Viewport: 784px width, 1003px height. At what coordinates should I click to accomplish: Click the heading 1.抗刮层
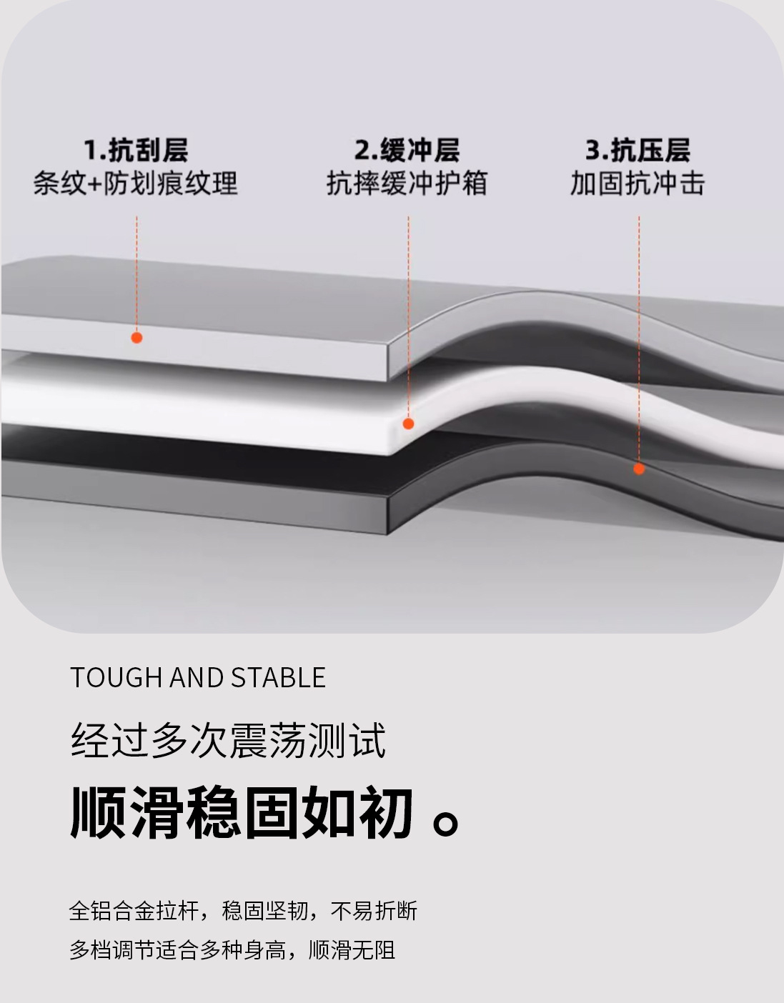click(x=136, y=151)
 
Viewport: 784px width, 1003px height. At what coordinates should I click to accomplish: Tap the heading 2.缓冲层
click(x=407, y=151)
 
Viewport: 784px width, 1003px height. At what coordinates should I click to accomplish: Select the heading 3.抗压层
click(x=637, y=151)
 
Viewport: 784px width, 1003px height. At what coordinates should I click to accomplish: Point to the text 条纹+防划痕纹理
click(x=136, y=184)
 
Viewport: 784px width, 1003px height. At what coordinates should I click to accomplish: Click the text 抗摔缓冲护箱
click(x=407, y=184)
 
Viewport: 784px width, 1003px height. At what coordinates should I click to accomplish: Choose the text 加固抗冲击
click(x=637, y=184)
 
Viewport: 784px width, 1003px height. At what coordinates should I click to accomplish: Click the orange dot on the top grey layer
click(x=137, y=337)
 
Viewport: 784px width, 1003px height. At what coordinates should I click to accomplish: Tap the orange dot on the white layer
click(x=408, y=424)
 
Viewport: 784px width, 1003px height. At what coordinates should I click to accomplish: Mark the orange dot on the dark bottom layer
click(x=639, y=469)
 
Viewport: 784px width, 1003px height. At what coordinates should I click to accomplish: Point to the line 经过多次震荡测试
click(x=228, y=740)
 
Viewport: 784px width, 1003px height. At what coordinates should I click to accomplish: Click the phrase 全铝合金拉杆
click(x=133, y=911)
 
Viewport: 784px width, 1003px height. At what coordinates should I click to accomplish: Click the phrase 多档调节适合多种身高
click(x=177, y=950)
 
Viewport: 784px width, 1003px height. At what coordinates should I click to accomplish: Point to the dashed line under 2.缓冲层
click(x=408, y=314)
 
